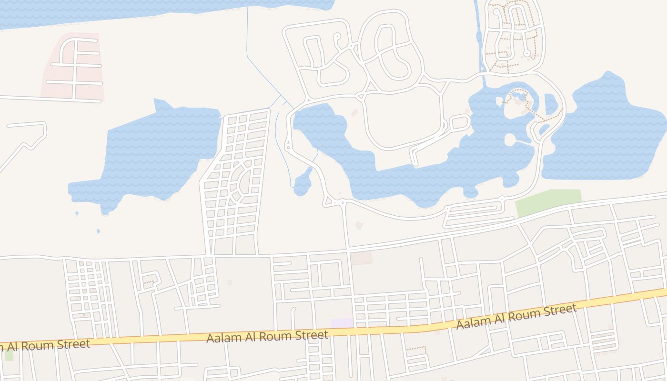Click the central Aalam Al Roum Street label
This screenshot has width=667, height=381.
click(267, 336)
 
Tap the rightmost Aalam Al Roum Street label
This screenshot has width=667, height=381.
click(516, 316)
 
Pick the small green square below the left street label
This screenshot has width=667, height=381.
click(9, 355)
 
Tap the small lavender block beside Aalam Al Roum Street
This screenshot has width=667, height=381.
click(342, 323)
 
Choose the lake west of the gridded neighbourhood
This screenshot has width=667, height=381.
click(152, 152)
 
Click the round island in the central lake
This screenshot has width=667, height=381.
click(510, 140)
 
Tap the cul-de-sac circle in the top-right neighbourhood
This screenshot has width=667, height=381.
click(527, 53)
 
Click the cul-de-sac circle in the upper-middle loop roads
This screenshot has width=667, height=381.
click(338, 36)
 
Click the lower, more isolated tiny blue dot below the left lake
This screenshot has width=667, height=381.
click(99, 231)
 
